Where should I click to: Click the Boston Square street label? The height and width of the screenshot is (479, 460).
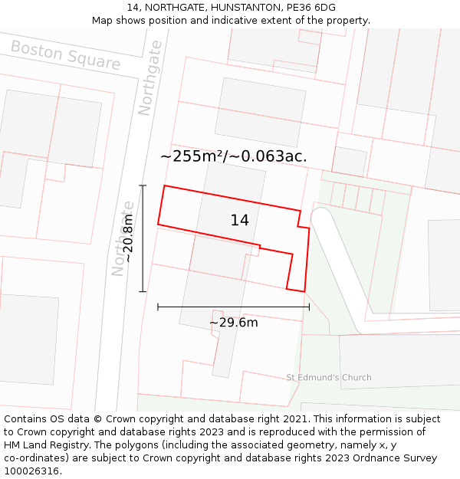point(65,56)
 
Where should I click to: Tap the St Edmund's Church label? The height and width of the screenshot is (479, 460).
point(328,377)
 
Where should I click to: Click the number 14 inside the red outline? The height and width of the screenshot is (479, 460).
point(239,221)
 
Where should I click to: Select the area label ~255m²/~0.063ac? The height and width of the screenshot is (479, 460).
point(234,156)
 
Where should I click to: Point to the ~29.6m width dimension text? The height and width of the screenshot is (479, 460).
point(234,323)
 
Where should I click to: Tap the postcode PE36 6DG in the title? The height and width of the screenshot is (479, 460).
point(308,8)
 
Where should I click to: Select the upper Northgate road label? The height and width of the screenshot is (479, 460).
point(149,78)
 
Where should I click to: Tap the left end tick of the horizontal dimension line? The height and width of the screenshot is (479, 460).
point(158,307)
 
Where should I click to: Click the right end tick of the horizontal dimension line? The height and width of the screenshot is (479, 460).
point(309,307)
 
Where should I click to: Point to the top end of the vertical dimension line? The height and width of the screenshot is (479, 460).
point(143,185)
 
